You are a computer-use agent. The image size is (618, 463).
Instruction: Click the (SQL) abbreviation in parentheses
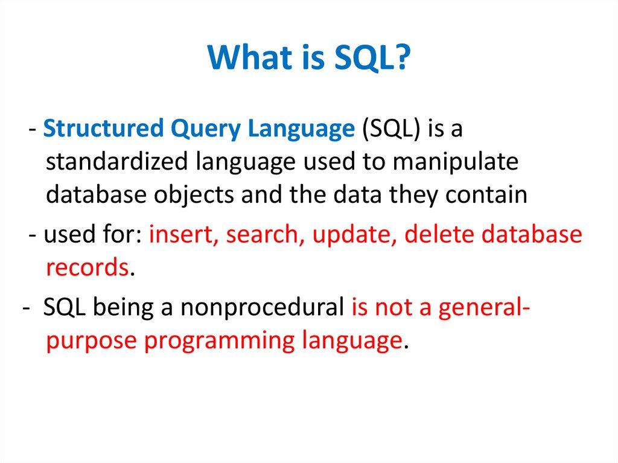tap(392, 130)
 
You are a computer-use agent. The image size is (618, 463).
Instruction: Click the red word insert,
tap(184, 235)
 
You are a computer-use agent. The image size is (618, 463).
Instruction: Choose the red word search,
tap(266, 235)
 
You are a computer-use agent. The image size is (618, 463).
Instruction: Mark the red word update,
tap(354, 235)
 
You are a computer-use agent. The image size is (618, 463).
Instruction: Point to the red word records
tap(86, 267)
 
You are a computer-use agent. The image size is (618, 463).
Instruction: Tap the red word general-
tap(485, 308)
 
